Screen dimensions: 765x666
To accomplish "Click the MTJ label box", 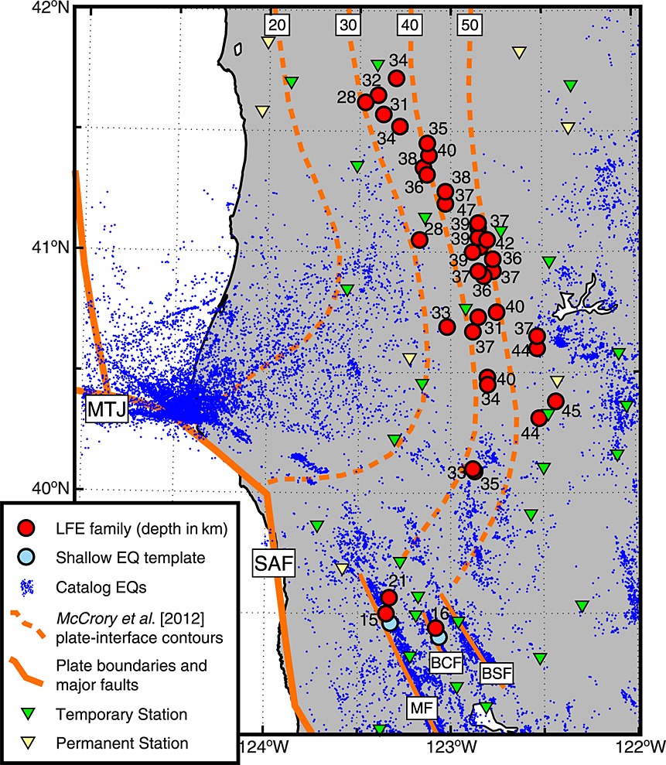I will (106, 411).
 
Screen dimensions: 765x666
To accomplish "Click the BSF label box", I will (495, 672).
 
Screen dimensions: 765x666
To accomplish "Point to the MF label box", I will (418, 706).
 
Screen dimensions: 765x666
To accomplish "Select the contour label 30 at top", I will (349, 25).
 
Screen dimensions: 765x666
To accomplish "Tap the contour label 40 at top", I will (409, 25).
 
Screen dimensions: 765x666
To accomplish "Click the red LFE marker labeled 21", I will (389, 597).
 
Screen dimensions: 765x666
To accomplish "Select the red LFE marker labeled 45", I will (555, 401).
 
